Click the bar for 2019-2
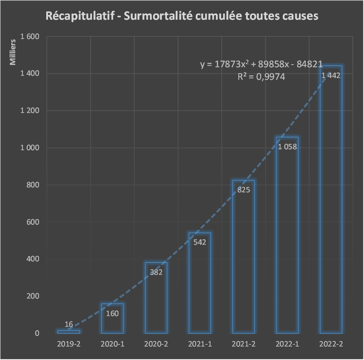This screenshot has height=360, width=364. coord(69,332)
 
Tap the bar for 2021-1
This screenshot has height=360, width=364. coord(199,287)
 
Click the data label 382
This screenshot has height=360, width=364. coord(156,272)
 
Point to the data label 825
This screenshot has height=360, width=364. coord(243,190)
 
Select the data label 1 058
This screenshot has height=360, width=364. coord(287,147)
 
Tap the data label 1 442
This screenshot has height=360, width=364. coord(331,75)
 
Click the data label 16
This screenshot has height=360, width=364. coord(69,324)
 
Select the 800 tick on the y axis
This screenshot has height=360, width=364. coord(33,185)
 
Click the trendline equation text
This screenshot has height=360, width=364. coord(261,65)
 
